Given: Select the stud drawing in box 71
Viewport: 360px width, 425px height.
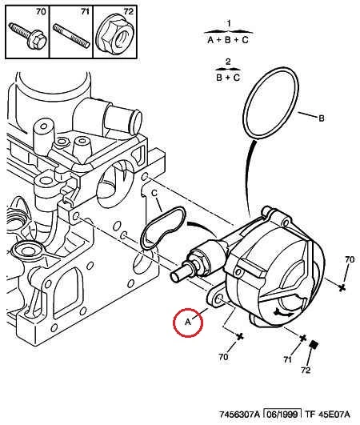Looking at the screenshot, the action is click(x=71, y=36).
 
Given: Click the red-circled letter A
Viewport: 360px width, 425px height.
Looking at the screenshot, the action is click(x=188, y=323).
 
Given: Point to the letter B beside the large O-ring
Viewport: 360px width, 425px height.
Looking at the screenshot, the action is click(x=322, y=118).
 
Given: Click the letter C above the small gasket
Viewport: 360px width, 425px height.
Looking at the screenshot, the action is click(x=154, y=193).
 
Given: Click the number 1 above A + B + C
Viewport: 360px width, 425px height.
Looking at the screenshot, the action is click(x=229, y=23).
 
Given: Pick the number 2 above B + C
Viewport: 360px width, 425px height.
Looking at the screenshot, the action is click(x=228, y=62).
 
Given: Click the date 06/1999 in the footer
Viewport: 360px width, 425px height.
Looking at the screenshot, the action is click(x=282, y=414).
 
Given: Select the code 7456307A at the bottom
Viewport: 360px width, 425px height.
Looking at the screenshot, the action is click(x=239, y=414).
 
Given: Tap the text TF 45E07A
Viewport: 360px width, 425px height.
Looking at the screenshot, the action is click(x=327, y=414).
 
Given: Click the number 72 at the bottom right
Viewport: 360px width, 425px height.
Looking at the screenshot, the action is click(x=306, y=370).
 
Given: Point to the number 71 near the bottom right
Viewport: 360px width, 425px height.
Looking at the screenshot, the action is click(x=287, y=359).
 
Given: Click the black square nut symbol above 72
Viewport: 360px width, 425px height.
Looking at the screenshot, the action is click(x=314, y=344).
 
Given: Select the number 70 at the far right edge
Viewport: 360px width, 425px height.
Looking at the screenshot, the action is click(x=350, y=259).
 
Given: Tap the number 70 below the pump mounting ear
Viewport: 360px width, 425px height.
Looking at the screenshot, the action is click(x=223, y=357).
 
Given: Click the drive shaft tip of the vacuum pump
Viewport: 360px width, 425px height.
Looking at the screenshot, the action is click(x=174, y=278).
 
